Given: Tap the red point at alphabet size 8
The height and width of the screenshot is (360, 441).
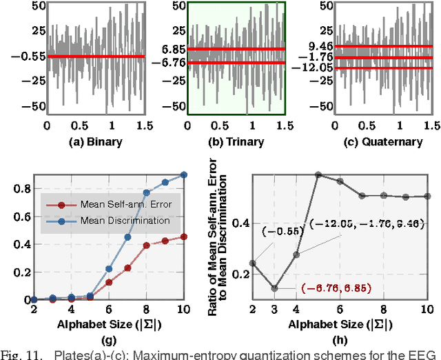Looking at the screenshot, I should coord(146,245).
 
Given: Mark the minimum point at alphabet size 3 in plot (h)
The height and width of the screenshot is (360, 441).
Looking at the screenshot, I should coord(275,288).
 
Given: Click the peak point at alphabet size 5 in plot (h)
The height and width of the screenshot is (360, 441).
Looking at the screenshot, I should coord(318,175).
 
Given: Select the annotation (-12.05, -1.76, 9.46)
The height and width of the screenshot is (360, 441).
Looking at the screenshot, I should coord(367,224).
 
